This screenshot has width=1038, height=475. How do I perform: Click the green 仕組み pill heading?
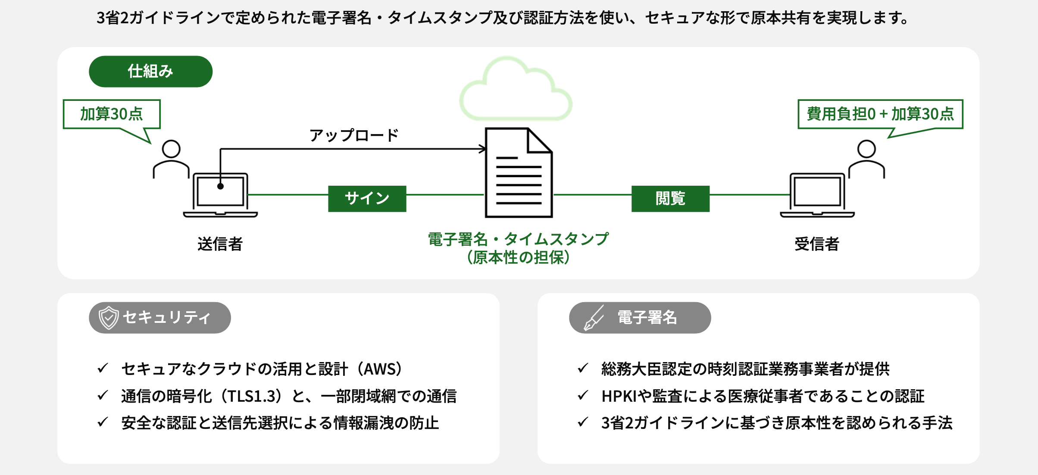click(150, 72)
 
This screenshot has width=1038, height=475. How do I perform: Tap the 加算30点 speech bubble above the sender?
click(112, 114)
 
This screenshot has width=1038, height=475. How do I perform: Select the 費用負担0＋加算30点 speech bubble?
click(880, 114)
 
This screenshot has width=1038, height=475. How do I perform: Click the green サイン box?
click(367, 199)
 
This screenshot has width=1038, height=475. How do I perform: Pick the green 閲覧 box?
click(670, 199)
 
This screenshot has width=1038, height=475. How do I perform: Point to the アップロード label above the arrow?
click(354, 135)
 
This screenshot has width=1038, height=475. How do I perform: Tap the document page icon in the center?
click(519, 172)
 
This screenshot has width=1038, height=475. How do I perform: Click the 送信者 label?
click(220, 244)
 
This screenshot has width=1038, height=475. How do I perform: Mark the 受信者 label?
click(817, 244)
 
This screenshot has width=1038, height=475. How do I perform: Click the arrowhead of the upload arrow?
click(483, 149)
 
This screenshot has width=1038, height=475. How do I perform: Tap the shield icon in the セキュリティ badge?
click(108, 318)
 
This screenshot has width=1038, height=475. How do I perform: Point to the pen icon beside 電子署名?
click(594, 318)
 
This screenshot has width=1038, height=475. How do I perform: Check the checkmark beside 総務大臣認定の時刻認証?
click(583, 369)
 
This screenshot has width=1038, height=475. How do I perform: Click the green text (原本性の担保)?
click(518, 258)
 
